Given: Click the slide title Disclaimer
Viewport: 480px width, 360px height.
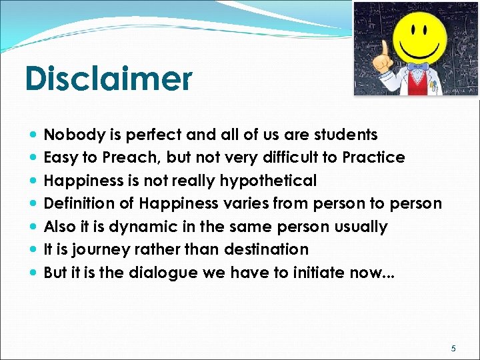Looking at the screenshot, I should pyautogui.click(x=108, y=79).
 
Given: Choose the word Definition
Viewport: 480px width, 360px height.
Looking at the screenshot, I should pyautogui.click(x=75, y=203).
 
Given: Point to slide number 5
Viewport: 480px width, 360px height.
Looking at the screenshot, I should pyautogui.click(x=454, y=348).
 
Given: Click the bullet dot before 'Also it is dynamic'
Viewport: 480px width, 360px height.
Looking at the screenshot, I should pyautogui.click(x=34, y=227).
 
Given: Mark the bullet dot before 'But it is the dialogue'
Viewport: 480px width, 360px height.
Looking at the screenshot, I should pyautogui.click(x=34, y=273).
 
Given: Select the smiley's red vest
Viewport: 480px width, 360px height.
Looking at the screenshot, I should pyautogui.click(x=419, y=83).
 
